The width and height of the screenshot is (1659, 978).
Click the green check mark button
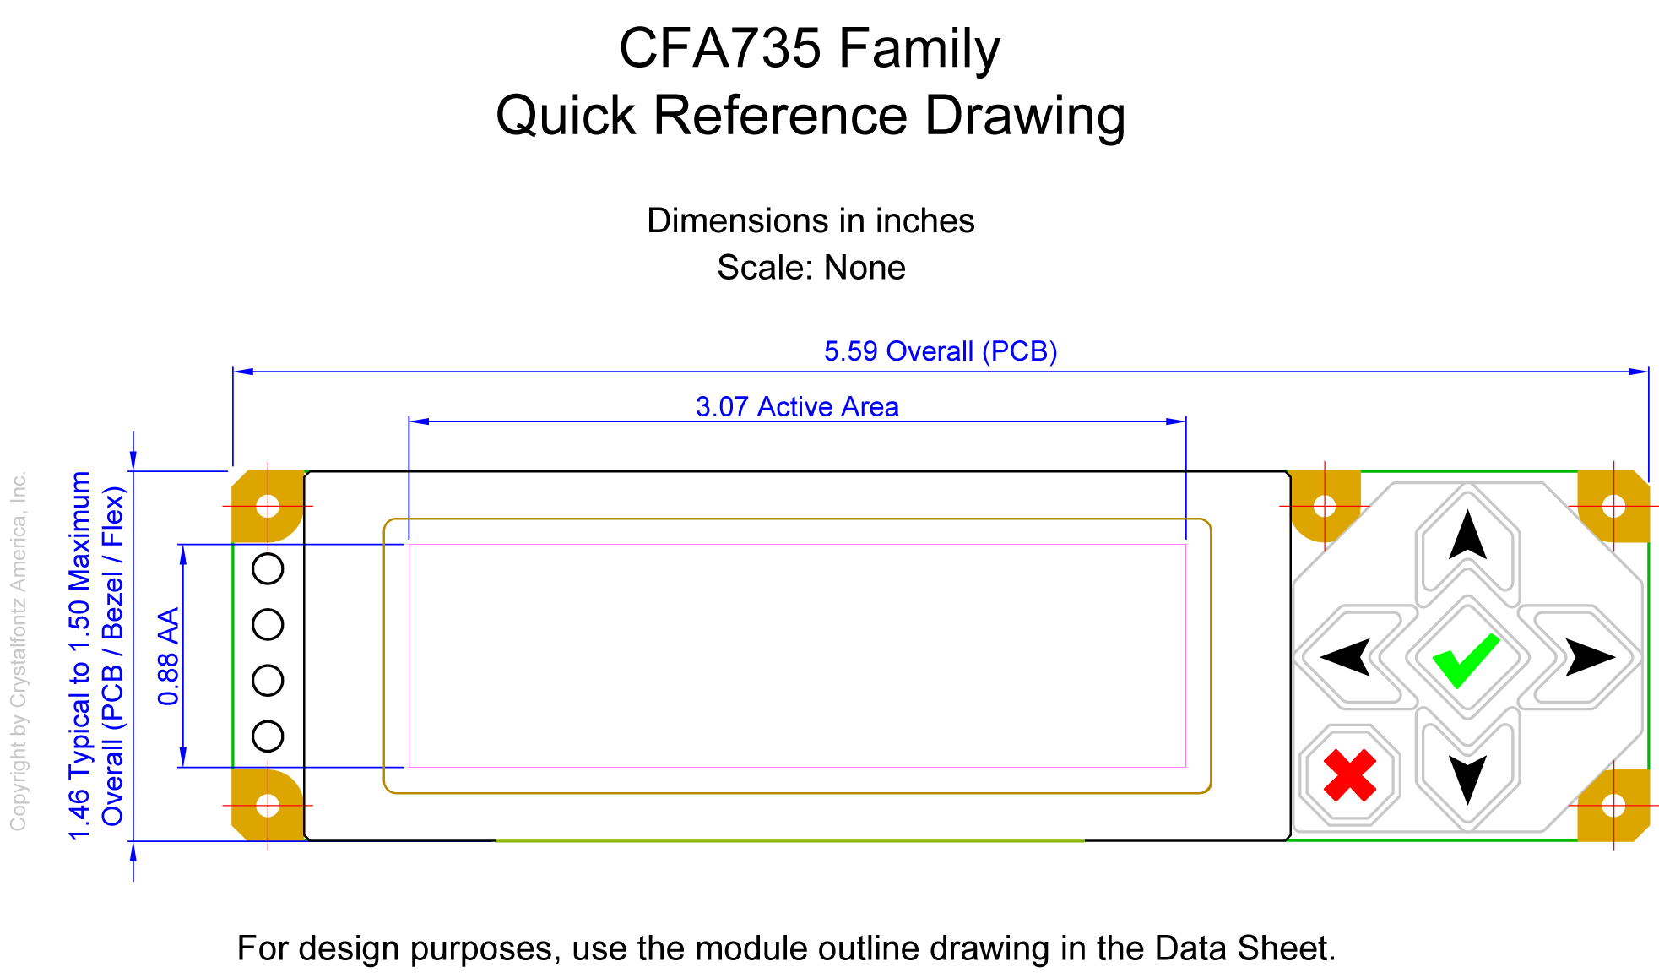(1467, 657)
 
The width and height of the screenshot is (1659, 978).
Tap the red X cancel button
(1350, 775)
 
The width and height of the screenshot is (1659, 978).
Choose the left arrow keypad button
(1356, 656)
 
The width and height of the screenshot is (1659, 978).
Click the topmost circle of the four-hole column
(268, 568)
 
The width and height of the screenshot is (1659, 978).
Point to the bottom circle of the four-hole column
(268, 736)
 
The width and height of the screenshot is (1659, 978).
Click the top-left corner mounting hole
(268, 506)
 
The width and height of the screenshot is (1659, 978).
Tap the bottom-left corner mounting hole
(268, 806)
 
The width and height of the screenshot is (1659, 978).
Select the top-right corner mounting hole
(1613, 506)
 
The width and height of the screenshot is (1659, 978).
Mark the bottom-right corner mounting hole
(1613, 806)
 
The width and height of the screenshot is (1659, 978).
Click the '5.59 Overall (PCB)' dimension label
(941, 351)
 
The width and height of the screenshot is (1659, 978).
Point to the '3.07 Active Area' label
(797, 407)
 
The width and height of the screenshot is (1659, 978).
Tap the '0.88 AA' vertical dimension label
(169, 656)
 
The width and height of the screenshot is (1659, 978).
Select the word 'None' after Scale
(865, 268)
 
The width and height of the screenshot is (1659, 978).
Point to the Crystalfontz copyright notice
(19, 650)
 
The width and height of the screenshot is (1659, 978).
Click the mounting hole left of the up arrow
(1325, 506)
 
